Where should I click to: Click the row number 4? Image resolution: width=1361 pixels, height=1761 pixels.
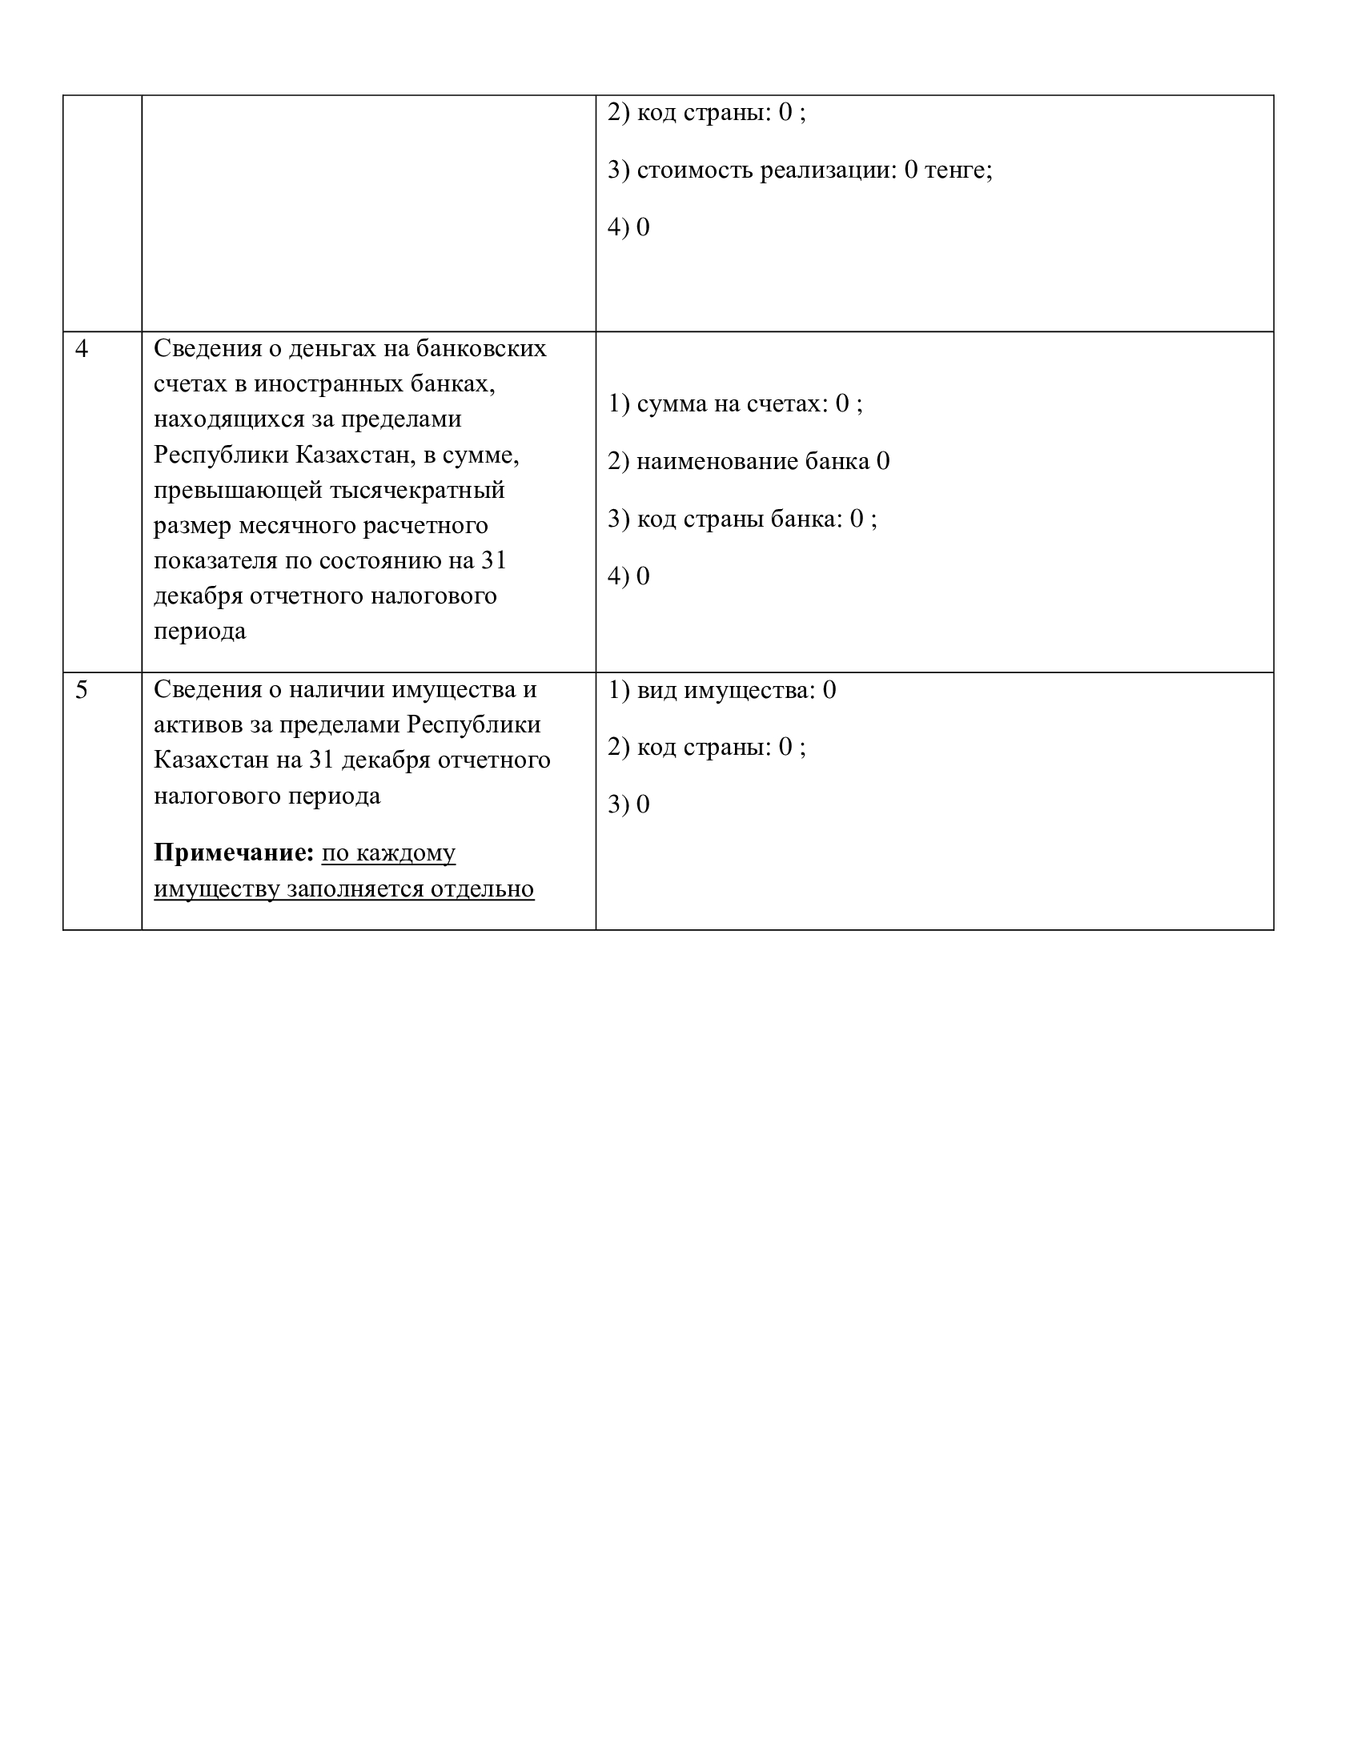click(x=82, y=349)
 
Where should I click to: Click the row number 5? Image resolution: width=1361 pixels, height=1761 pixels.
click(x=82, y=690)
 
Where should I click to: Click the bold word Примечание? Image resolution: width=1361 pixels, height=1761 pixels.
click(x=233, y=853)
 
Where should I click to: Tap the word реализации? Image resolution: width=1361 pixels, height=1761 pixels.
click(x=828, y=170)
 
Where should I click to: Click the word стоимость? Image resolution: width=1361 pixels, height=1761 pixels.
click(x=695, y=170)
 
